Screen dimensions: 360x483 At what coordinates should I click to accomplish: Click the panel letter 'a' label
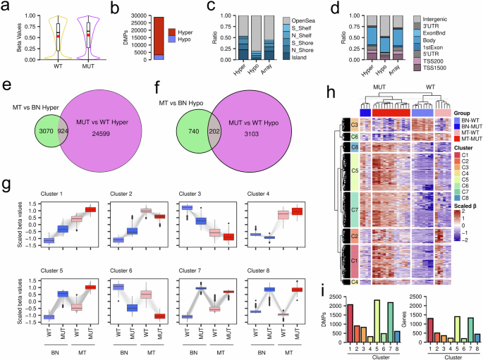pos(5,6)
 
